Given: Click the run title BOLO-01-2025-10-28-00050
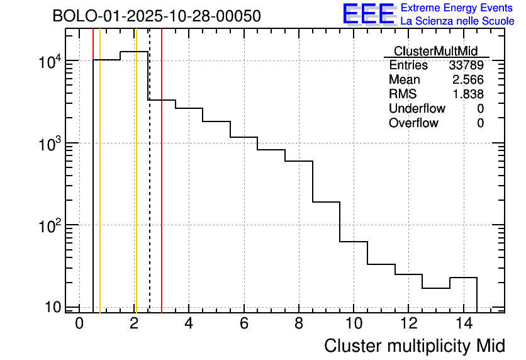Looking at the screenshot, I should coord(157,16).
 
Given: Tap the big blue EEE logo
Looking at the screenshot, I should coord(368,14).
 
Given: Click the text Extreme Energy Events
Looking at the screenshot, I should coord(457,8).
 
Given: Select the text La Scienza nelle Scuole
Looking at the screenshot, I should coord(457,21).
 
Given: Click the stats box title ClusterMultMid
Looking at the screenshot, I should coord(435,51).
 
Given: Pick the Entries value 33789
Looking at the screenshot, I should coord(466,65).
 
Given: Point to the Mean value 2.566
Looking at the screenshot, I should coord(469,80).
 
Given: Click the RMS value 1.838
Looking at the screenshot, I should coord(469,94).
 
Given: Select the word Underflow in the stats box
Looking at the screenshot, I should coord(417,109).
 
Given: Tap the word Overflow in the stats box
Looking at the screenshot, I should coord(413,123).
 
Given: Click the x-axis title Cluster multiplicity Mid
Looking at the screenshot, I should coord(414,346).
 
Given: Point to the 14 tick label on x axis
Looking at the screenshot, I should coord(463,324).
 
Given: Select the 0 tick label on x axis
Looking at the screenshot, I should coord(79,324).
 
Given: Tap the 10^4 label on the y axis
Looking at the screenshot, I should coord(50,62).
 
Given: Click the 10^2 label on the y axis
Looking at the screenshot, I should coord(50,225).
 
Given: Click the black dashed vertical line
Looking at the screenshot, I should coord(150,189).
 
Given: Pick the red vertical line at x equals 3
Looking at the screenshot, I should coord(162,189).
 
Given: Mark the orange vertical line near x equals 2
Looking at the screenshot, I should coord(135,189).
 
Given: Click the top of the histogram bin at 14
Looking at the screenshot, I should coord(463,278).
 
